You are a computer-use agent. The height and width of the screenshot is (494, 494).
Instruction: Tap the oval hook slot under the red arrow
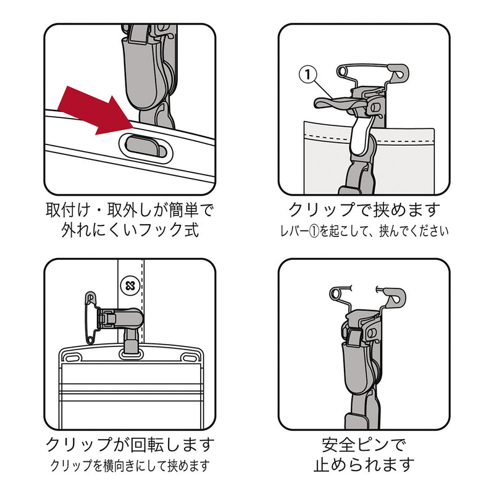146,148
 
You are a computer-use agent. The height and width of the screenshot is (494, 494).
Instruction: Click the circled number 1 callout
308,75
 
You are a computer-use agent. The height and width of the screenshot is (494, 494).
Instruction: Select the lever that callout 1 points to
338,103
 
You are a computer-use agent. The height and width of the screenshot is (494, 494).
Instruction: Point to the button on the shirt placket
130,286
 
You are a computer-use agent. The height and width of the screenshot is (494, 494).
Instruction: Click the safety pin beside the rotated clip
91,317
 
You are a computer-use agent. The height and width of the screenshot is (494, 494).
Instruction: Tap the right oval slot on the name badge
190,358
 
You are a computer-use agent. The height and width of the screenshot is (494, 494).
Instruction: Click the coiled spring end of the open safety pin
336,294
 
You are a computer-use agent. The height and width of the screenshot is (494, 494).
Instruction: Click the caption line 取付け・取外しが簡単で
130,210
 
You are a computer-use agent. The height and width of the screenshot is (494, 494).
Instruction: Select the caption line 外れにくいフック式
130,230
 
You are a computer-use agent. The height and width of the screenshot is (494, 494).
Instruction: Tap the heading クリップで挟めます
364,210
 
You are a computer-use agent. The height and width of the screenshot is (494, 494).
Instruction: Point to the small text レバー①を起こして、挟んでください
364,232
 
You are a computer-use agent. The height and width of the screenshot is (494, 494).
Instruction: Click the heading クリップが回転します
130,445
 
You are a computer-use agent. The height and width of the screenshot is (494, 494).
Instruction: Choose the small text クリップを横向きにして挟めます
130,466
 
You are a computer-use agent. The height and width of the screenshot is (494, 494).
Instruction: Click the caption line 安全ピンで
364,445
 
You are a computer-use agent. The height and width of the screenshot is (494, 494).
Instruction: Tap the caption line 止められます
364,465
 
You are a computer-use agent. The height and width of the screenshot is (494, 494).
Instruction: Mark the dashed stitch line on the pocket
369,138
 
